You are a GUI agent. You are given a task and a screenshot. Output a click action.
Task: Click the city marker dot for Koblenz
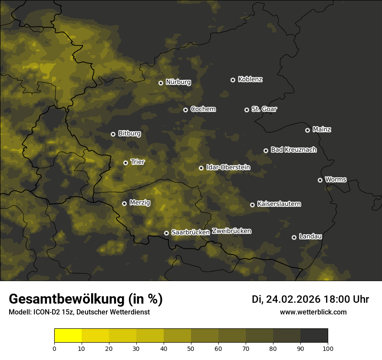(x=233, y=80)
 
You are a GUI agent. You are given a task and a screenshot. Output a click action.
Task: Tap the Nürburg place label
(x=178, y=82)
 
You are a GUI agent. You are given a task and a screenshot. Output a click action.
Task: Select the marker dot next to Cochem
(x=185, y=110)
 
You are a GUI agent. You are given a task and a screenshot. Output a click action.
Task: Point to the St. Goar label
(x=264, y=109)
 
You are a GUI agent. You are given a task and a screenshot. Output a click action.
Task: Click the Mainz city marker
(x=307, y=130)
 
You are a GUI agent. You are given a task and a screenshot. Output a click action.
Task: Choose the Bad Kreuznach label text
(x=293, y=150)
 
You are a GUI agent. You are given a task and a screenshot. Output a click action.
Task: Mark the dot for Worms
(x=320, y=180)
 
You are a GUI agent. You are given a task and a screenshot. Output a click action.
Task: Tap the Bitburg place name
(x=129, y=134)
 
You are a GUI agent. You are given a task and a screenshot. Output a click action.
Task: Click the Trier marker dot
(x=125, y=163)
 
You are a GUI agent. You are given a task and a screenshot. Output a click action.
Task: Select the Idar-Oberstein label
(x=228, y=167)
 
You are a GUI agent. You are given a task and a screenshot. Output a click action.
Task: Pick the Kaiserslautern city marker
(x=252, y=205)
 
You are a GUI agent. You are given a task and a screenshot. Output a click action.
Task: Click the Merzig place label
(x=140, y=203)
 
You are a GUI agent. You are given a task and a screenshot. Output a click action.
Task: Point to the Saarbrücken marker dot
(x=166, y=233)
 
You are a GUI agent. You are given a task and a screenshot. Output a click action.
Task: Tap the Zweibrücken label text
(x=231, y=231)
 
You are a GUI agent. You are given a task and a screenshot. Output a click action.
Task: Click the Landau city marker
(x=294, y=237)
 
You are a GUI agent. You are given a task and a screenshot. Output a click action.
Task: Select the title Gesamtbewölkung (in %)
(x=86, y=299)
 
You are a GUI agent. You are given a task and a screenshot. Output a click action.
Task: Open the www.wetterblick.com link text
(x=313, y=312)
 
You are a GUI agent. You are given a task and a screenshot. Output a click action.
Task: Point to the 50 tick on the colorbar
(x=191, y=348)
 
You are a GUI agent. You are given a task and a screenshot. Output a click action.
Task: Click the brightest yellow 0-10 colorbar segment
(x=68, y=336)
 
